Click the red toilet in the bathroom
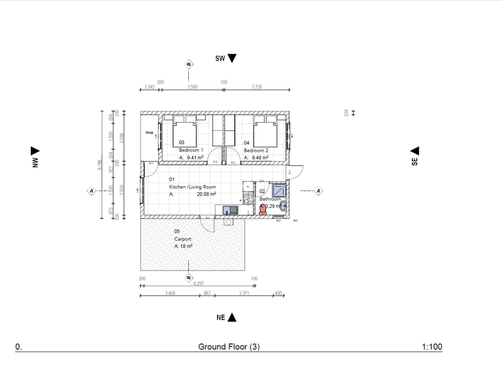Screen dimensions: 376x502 pos(262,211)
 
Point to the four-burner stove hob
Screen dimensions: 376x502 pos(248,199)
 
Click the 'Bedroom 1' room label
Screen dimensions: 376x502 pos(191,150)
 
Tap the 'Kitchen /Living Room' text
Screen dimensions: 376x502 pos(192,187)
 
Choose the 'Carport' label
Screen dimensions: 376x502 pos(183,239)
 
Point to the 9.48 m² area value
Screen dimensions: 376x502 pos(260,158)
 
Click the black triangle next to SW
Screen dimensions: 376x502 pos(232,58)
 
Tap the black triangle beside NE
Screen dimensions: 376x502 pos(232,318)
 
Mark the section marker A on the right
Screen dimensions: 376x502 pos(318,191)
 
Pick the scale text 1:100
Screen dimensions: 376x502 pos(432,347)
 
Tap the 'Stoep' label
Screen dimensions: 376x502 pos(149,133)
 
